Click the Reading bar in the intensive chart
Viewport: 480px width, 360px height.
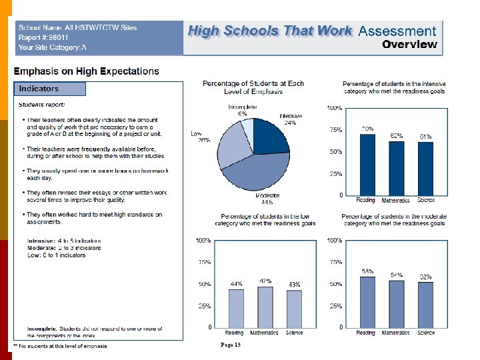coord(367,164)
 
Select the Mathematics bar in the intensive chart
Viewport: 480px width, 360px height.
coord(397,167)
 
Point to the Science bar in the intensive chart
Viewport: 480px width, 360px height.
coord(426,168)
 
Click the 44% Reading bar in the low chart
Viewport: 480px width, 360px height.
coord(236,308)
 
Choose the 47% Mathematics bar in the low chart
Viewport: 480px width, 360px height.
coord(265,307)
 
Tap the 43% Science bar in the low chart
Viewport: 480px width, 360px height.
coord(294,309)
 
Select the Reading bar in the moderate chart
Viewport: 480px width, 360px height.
coord(367,301)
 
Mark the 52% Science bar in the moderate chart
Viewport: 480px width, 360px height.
coord(426,304)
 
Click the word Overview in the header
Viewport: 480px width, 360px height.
coord(409,45)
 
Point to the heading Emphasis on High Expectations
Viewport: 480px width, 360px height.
coord(87,71)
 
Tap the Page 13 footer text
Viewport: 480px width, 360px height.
coord(230,345)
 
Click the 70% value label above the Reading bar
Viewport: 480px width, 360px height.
coord(367,128)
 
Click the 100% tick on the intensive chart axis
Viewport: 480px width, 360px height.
coord(335,107)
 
